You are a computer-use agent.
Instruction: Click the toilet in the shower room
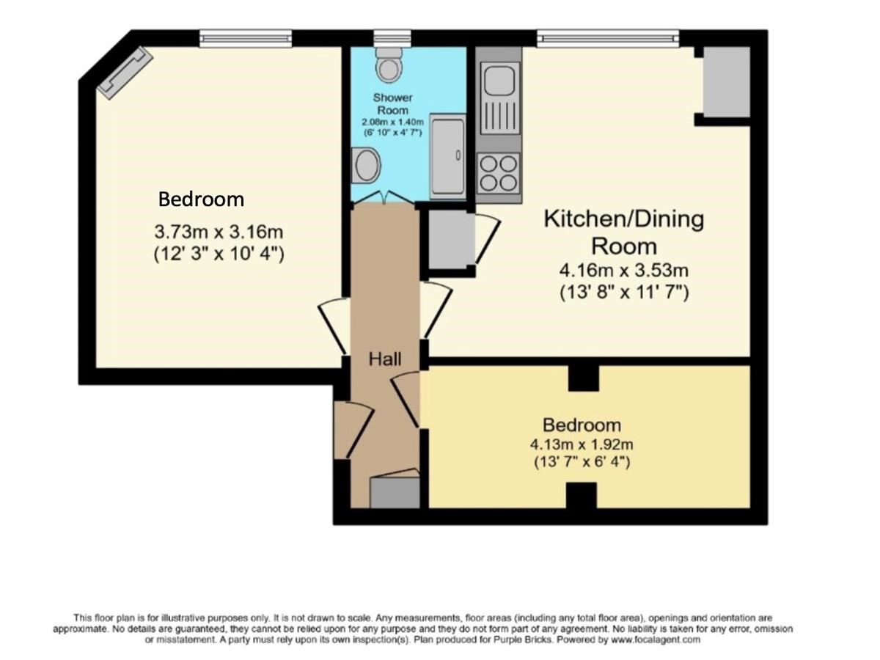(389, 65)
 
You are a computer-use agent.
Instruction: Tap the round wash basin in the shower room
(366, 166)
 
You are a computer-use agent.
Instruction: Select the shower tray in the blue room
(448, 157)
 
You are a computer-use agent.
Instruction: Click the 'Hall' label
(385, 359)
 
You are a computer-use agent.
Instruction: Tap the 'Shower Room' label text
(392, 104)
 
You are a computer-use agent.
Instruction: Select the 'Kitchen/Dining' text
(623, 219)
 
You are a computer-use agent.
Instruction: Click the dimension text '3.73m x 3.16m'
(219, 232)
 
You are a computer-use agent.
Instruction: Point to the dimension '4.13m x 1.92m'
(582, 444)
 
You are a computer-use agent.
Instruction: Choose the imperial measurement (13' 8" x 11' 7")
(624, 292)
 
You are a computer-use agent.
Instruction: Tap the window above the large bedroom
(246, 38)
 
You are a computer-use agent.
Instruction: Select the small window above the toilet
(392, 38)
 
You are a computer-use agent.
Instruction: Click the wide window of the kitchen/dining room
(608, 38)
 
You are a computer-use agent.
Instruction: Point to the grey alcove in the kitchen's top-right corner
(727, 82)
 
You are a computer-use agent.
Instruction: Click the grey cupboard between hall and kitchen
(452, 240)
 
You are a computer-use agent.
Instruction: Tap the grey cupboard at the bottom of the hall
(395, 493)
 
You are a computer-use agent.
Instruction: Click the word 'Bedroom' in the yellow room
(582, 425)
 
